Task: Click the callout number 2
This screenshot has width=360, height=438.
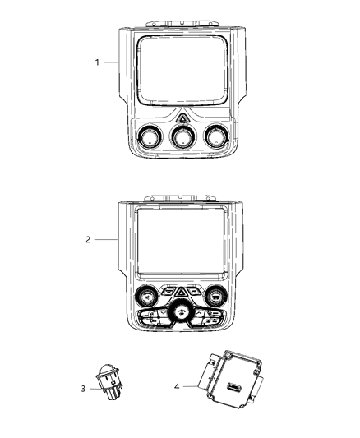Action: pyautogui.click(x=88, y=240)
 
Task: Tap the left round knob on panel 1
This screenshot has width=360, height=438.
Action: pyautogui.click(x=151, y=137)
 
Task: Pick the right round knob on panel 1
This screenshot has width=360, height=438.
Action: pyautogui.click(x=215, y=137)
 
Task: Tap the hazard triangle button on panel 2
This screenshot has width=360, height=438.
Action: pyautogui.click(x=182, y=290)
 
